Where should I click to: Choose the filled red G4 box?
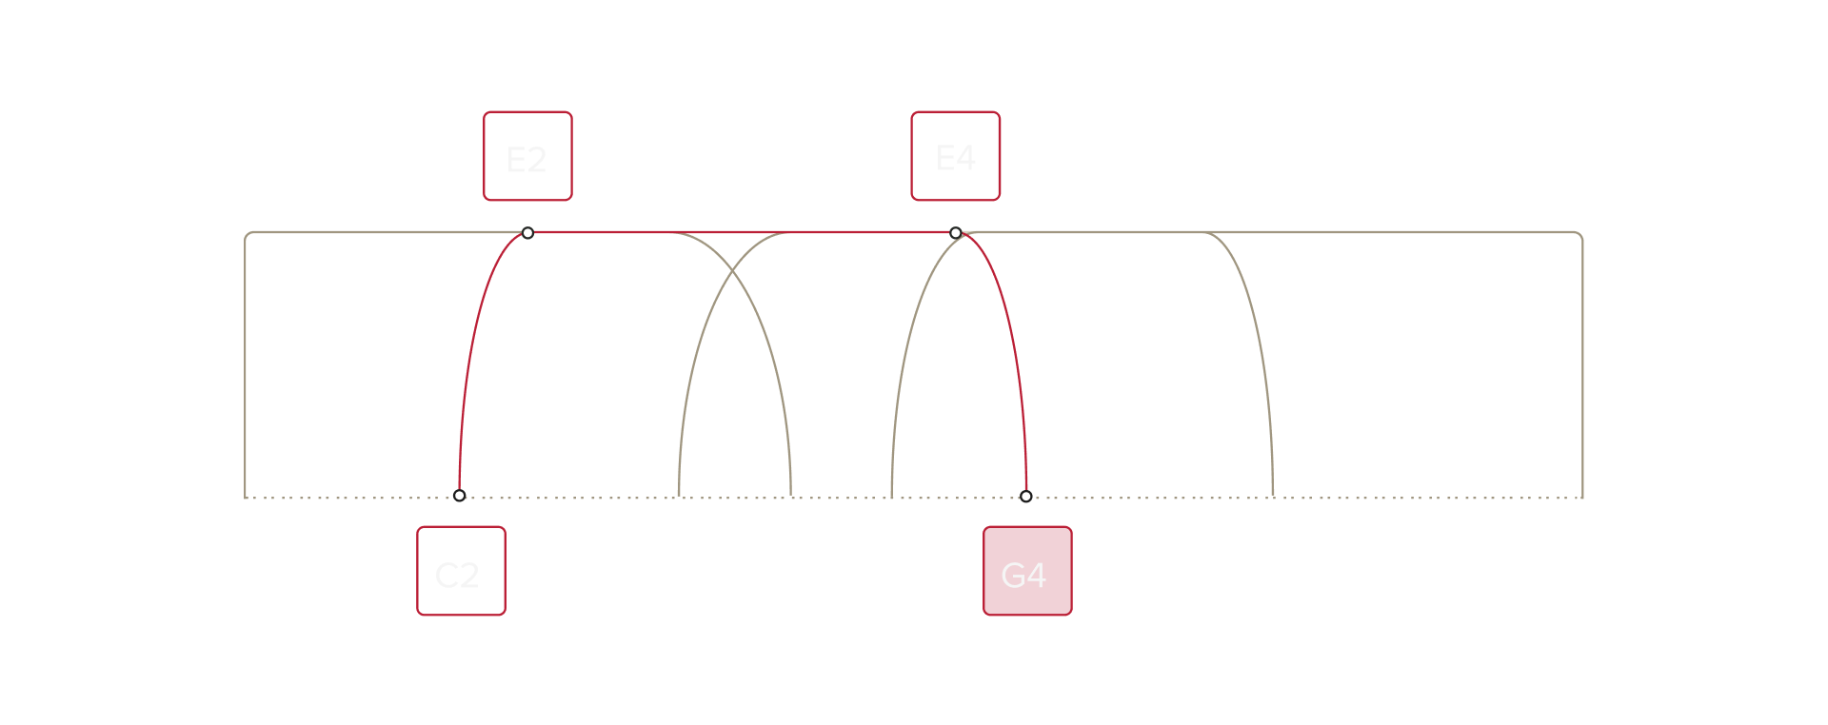[x=1027, y=571]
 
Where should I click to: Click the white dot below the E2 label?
[x=527, y=233]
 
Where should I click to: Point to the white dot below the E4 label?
[x=956, y=233]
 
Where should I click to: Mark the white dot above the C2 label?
[x=460, y=496]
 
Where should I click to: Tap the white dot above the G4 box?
[x=1026, y=496]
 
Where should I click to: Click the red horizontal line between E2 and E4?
[x=743, y=232]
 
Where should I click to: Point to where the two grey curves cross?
[x=733, y=273]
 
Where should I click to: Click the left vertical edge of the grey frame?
[x=246, y=362]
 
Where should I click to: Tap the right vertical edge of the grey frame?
[x=1582, y=362]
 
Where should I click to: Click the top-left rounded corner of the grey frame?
[x=248, y=234]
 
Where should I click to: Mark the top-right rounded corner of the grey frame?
[x=1580, y=234]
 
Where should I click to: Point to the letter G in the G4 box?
[x=1012, y=575]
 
